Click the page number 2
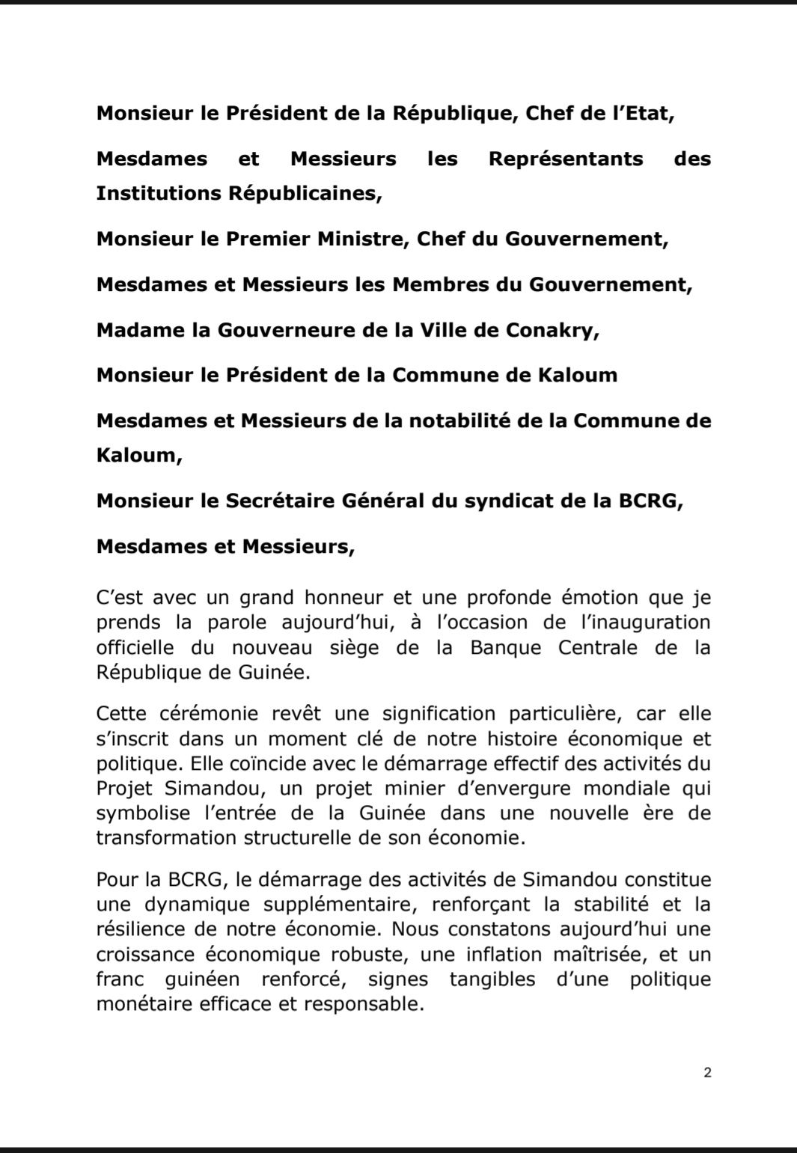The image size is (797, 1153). click(707, 1072)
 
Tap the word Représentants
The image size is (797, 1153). click(566, 159)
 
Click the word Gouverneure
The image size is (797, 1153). click(278, 330)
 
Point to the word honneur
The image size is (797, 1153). click(343, 598)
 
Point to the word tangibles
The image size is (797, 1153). click(492, 979)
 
